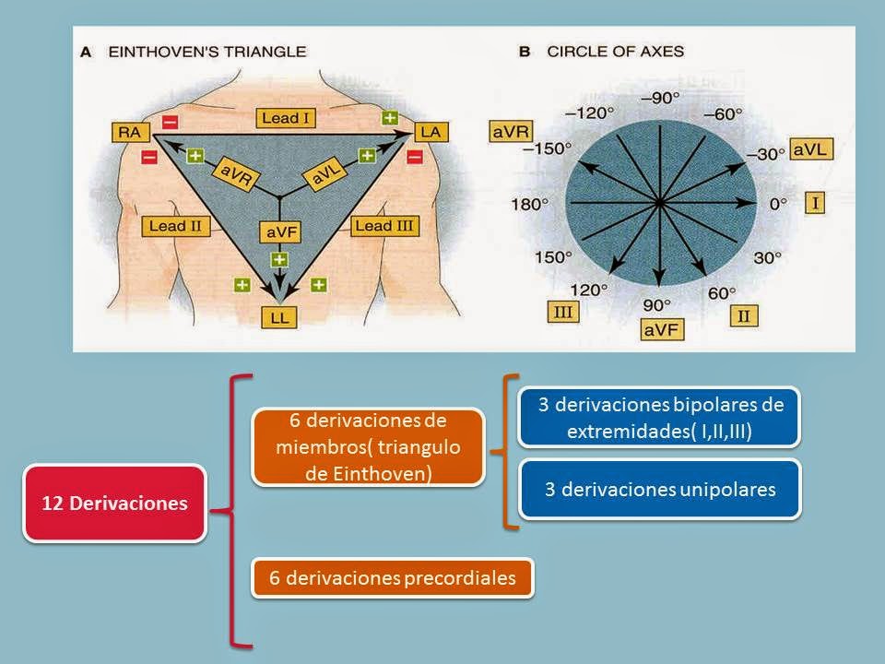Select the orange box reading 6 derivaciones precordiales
coord(393,578)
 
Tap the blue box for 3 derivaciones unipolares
coord(659,489)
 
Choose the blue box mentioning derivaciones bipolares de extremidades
coord(659,417)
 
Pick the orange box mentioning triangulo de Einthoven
coord(368,446)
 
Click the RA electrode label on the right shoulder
coord(129,133)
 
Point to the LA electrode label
coord(430,133)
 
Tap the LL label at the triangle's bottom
coord(278,316)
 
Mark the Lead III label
coord(385,225)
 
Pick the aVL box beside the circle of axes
coord(812,150)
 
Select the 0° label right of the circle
coord(779,204)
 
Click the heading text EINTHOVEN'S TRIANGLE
coord(206,53)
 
